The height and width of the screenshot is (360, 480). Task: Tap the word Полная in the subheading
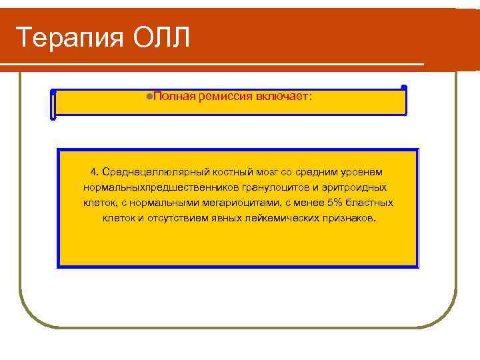[x=173, y=96]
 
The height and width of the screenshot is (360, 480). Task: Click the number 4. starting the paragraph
[x=94, y=173]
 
